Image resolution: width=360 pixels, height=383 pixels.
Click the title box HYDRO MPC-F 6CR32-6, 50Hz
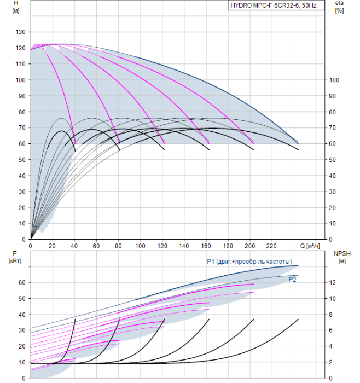(276, 5)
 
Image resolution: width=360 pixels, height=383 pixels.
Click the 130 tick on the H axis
(20, 32)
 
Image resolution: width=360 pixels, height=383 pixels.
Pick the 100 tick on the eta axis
(334, 80)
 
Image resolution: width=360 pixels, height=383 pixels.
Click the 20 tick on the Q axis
(53, 245)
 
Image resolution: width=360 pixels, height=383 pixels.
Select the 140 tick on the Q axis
(184, 245)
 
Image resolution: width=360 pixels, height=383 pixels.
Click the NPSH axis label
(340, 254)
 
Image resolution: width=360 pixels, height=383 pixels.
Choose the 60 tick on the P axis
(22, 282)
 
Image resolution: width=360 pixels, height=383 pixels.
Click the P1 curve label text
(249, 262)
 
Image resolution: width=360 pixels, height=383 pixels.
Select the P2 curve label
(293, 279)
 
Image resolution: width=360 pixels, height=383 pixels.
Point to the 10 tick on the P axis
(22, 362)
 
